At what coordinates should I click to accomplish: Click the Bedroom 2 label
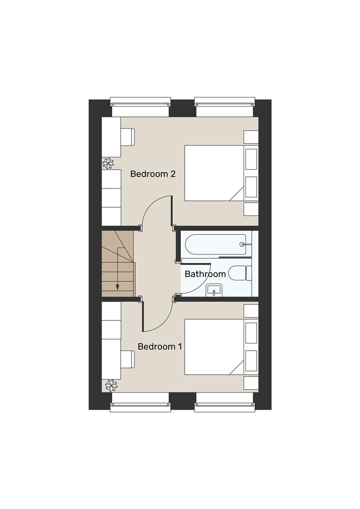point(153,174)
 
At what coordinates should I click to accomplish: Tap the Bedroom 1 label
point(160,347)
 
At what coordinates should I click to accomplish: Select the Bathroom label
point(205,274)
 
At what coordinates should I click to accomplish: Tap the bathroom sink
point(214,290)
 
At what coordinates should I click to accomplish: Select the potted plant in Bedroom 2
point(109,164)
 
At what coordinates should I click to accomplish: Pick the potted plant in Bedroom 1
point(112,386)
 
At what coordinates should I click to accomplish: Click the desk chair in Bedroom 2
point(128,137)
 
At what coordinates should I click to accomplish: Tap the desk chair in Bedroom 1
point(128,360)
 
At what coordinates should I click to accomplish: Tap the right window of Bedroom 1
point(225,403)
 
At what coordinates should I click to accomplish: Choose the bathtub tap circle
point(242,245)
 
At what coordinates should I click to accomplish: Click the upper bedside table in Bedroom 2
point(251,137)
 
